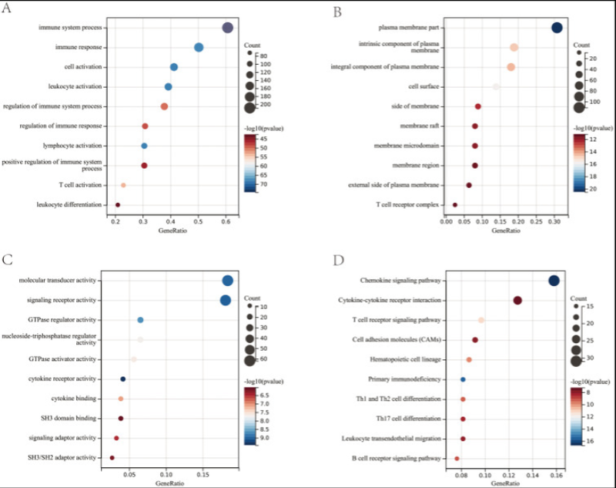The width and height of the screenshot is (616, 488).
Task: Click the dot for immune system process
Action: (x=227, y=28)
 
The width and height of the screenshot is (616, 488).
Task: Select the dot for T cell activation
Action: (x=123, y=185)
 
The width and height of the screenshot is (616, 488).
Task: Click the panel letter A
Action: (x=8, y=8)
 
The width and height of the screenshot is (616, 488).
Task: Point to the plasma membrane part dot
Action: (x=557, y=28)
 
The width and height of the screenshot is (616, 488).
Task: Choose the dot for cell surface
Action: (x=496, y=86)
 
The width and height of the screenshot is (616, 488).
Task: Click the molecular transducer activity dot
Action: (x=227, y=281)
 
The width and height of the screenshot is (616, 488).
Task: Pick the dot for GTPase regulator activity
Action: (x=140, y=320)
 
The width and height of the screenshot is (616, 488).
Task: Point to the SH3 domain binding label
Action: (x=69, y=418)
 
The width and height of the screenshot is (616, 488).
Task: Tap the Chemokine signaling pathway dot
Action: (x=554, y=281)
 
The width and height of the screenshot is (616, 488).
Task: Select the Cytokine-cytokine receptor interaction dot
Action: (x=517, y=301)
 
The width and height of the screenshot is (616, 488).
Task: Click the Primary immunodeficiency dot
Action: (x=463, y=379)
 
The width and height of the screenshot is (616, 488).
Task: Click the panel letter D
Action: (x=336, y=261)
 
